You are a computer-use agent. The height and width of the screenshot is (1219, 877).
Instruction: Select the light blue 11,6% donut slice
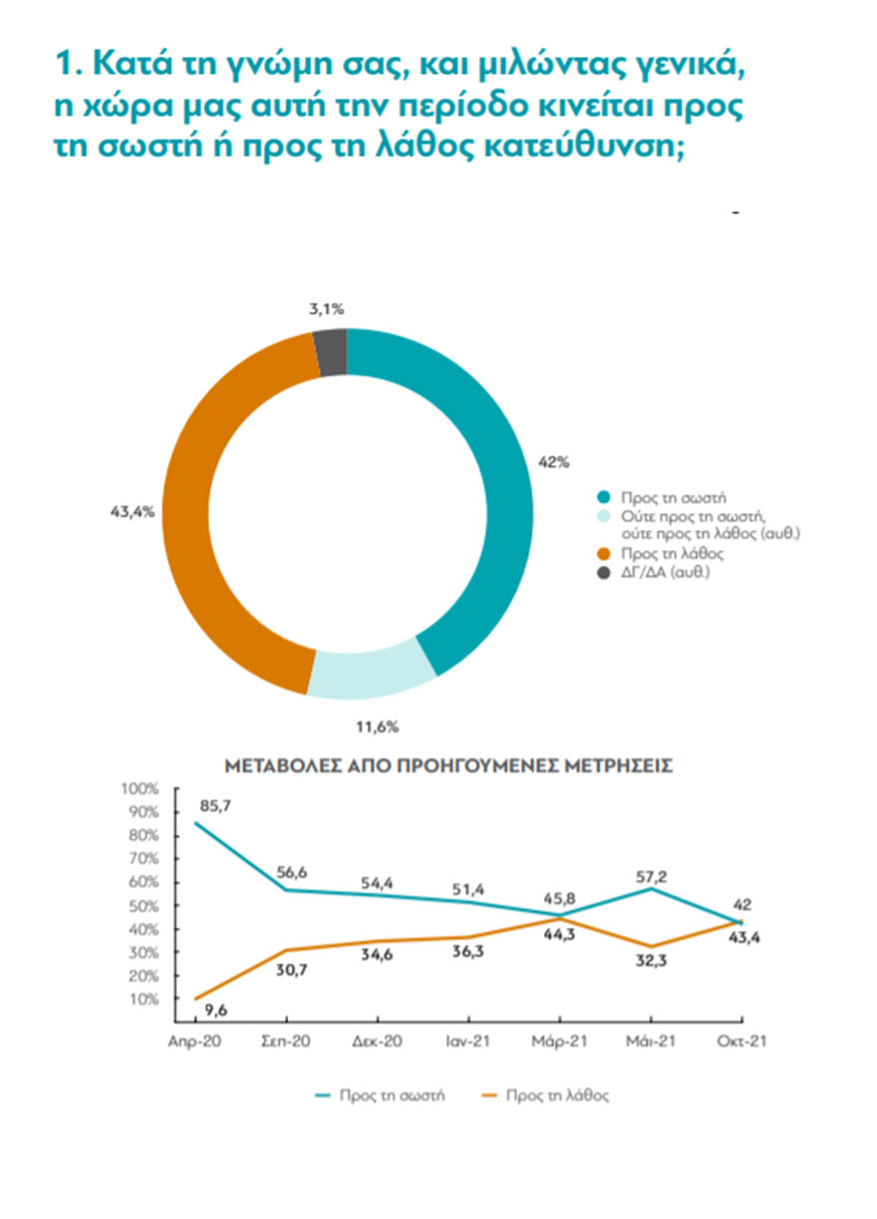(370, 675)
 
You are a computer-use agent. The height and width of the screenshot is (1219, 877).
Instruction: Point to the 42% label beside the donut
(555, 461)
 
